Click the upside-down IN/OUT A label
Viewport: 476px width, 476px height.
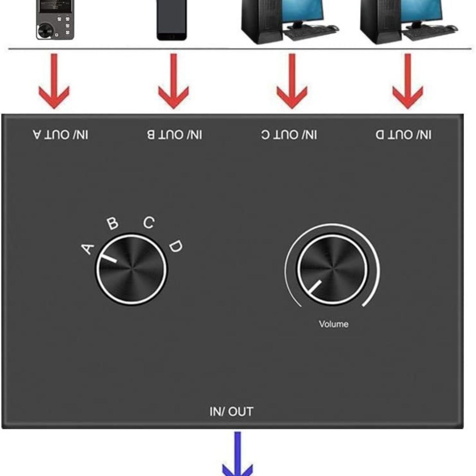pos(61,135)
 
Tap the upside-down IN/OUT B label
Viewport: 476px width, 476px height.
pos(175,135)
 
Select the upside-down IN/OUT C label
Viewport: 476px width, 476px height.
pos(289,135)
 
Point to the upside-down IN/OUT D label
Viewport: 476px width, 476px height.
pos(403,135)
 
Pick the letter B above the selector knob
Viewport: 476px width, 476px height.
pos(112,223)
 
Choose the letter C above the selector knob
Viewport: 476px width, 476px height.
pos(149,223)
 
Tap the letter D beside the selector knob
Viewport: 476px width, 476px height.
pos(176,246)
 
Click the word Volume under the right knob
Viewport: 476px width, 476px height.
pos(333,324)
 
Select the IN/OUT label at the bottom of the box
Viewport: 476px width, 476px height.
pos(231,412)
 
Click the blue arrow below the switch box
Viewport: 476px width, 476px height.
pos(237,454)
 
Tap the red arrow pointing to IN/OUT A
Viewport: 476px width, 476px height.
pos(54,81)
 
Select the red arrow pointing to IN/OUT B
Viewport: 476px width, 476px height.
pos(173,81)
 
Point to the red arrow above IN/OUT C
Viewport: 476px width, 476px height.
pos(292,81)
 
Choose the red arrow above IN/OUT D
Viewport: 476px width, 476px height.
pos(408,81)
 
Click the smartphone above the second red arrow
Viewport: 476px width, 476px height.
pos(172,20)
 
